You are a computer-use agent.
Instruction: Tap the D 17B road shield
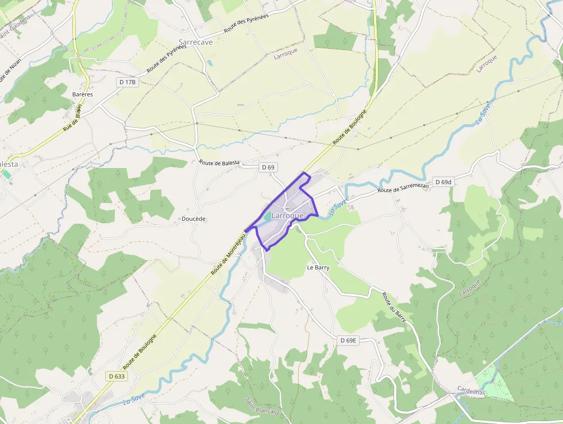[128, 82]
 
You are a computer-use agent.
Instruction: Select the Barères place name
[83, 94]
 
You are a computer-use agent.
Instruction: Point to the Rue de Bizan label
[73, 119]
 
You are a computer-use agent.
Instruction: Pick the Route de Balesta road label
[219, 163]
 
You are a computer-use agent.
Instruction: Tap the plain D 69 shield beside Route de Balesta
[268, 167]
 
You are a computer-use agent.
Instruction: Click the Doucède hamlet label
[194, 219]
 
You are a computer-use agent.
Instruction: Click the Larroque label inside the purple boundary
[287, 215]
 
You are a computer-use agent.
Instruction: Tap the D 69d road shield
[444, 182]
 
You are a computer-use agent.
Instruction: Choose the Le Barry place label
[318, 268]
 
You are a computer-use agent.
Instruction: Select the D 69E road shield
[348, 341]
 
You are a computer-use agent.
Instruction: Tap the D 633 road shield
[117, 376]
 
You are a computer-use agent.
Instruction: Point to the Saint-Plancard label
[262, 410]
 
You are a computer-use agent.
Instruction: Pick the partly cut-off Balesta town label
[9, 164]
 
